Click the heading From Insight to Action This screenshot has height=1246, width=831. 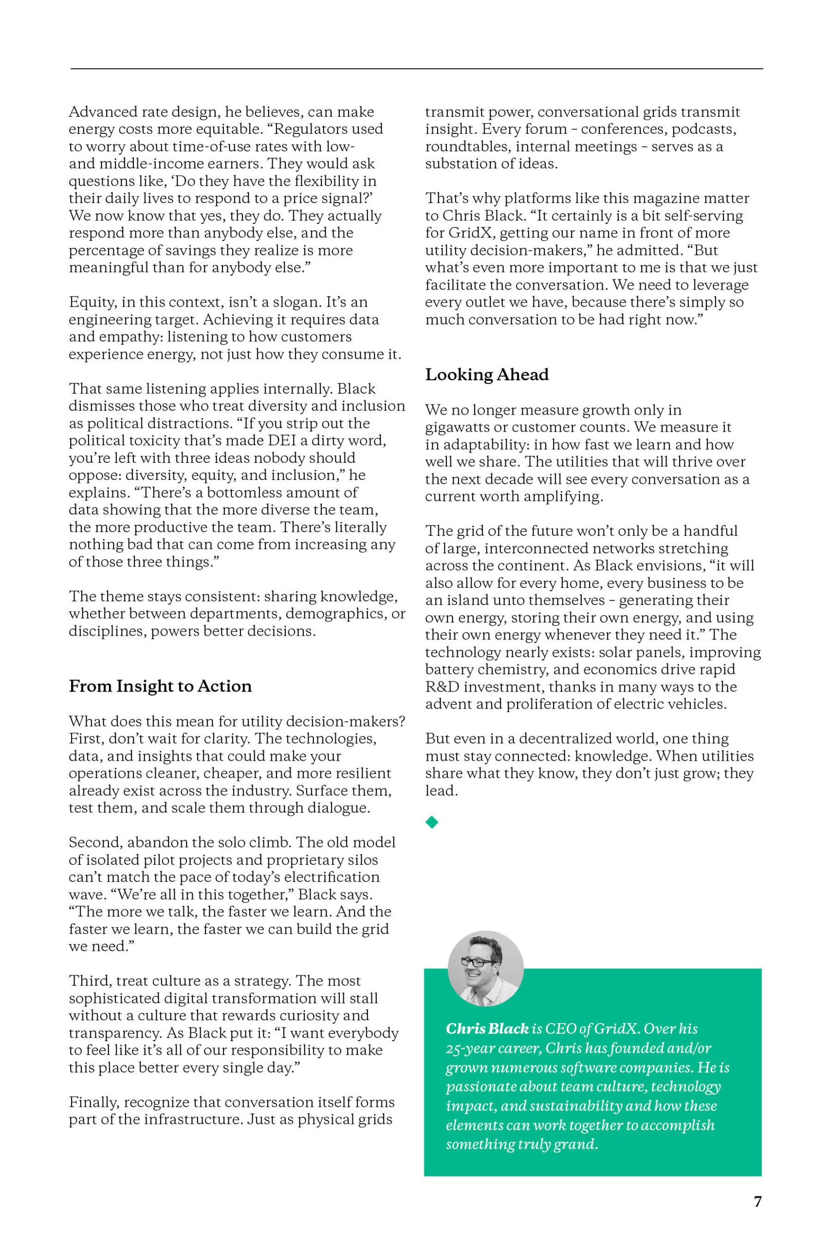(160, 686)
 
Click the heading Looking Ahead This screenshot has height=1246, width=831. (486, 375)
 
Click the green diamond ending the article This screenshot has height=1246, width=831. (432, 822)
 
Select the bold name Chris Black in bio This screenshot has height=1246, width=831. (487, 1028)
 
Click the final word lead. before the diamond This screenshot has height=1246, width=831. (441, 790)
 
